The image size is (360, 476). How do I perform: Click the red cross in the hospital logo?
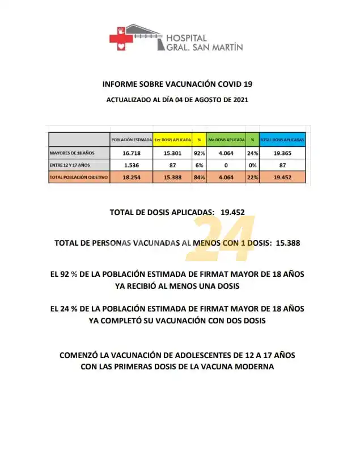pos(120,39)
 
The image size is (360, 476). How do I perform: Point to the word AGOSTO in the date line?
pos(195,99)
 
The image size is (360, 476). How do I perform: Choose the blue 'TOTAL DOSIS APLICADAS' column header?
pos(282,140)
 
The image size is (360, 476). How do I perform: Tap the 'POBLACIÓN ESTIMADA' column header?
pos(131,140)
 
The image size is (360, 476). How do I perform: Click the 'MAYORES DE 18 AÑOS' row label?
pos(72,153)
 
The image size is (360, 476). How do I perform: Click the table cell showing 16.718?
pos(131,153)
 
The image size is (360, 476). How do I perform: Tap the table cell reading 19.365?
pos(282,153)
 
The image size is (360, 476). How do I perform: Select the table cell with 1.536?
pos(131,165)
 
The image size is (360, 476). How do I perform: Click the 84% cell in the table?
pos(199,177)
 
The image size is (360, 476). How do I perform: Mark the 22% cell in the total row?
pos(252,177)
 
